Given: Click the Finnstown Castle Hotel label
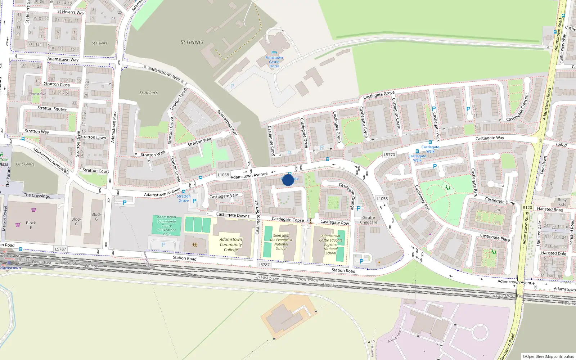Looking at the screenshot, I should pos(274,62).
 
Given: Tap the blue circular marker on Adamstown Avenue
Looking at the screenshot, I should pos(288,180).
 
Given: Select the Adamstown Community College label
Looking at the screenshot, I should pos(231,244).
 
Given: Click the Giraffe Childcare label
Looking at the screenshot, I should pos(369,220).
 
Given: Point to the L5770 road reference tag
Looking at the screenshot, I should pos(389,154).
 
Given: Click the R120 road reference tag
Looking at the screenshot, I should pos(527,208).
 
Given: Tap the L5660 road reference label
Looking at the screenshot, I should pos(561,145).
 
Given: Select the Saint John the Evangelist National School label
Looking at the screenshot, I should pos(281,242).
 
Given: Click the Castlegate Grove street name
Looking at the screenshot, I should pos(379,95).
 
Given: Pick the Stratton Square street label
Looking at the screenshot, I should pos(52,108).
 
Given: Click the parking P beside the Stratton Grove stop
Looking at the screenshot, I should pos(194,201).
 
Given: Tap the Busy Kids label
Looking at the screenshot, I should pos(562,202).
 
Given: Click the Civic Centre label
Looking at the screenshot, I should pos(25,164).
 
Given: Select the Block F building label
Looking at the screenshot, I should pos(31,225).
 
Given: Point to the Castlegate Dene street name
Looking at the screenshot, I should pos(500,201).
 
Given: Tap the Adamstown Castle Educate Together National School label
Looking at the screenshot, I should pos(330,244).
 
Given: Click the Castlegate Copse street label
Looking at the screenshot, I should pos(288,220).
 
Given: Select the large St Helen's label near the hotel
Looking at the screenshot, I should pos(192,42).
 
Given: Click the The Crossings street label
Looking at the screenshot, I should pos(37,195).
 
